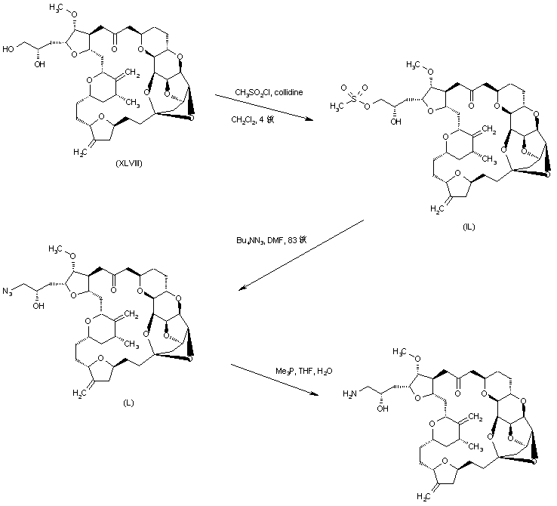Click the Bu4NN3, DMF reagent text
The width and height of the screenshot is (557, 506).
tap(270, 241)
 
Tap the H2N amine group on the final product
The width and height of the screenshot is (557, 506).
tap(350, 393)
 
